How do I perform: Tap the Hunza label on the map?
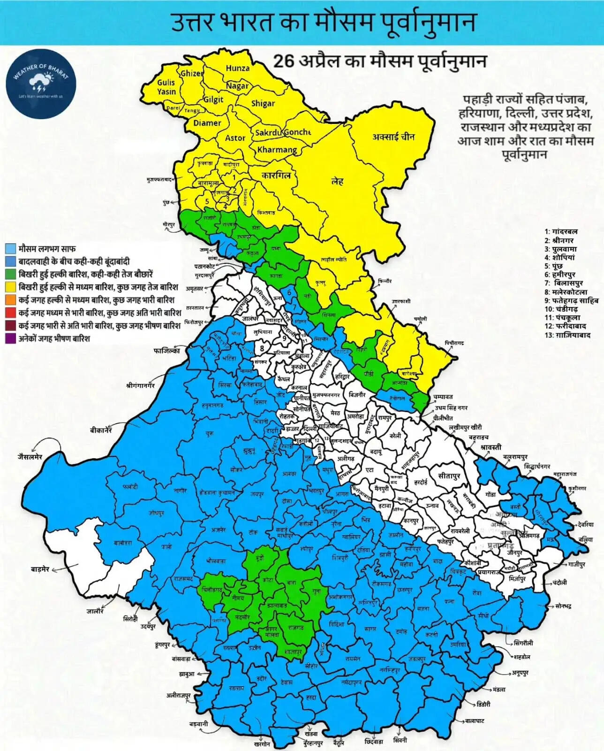click(238, 68)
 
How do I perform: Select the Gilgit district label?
click(213, 100)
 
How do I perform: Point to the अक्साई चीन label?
click(393, 137)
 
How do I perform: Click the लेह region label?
click(337, 181)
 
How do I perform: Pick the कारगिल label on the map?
click(276, 176)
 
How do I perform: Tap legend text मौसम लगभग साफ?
click(47, 248)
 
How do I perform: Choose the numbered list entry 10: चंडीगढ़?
click(561, 309)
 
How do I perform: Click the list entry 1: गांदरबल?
click(561, 231)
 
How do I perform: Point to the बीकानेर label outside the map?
click(102, 430)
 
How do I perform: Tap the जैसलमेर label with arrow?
click(30, 457)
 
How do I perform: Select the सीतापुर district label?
click(449, 476)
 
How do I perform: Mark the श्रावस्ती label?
click(491, 447)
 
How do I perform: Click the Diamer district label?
click(207, 123)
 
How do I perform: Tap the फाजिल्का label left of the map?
click(166, 350)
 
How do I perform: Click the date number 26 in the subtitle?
click(283, 61)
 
